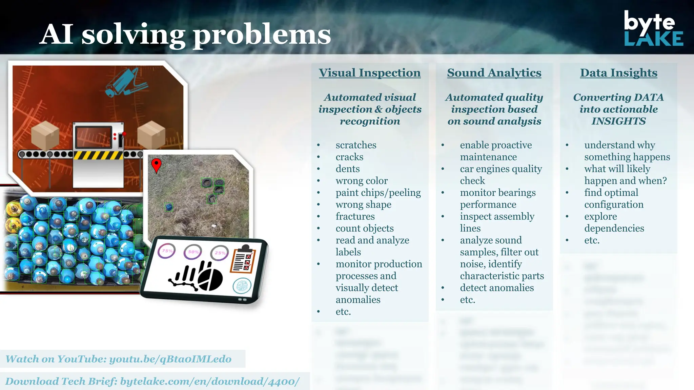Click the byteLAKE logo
point(653,28)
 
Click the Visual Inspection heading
point(370,73)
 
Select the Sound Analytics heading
point(494,73)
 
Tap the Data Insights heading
point(618,73)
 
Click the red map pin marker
point(156,165)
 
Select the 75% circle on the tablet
point(167,251)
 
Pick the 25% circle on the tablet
point(220,253)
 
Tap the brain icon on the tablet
point(242,286)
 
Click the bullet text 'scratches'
point(356,145)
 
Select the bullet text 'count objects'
point(365,229)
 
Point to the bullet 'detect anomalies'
point(497,288)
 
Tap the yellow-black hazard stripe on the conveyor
point(98,155)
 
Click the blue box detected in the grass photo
point(169,207)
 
